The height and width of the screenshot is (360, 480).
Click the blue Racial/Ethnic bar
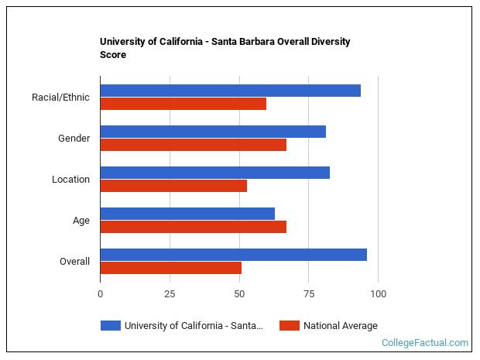230,91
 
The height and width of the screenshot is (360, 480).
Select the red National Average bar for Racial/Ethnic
183,104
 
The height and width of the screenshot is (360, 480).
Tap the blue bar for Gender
213,132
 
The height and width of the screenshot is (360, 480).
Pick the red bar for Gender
193,145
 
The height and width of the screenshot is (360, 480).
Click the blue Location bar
214,173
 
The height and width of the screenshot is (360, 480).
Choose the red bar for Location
173,186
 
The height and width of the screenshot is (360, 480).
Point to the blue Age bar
187,214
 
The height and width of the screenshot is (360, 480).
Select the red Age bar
193,227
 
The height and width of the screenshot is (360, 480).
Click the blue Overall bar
233,255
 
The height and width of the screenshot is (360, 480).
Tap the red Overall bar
170,268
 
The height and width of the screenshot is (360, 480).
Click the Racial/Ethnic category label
60,98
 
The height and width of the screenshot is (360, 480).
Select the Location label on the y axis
70,180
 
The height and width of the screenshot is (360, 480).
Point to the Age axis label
81,221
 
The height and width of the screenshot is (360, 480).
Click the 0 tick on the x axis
100,294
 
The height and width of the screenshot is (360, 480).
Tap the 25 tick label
170,294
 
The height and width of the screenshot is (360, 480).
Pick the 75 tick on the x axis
308,294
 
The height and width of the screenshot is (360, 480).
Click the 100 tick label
378,294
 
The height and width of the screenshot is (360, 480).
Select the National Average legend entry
340,326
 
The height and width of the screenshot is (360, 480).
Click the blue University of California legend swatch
111,326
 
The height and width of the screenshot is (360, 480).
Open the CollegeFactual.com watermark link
424,343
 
